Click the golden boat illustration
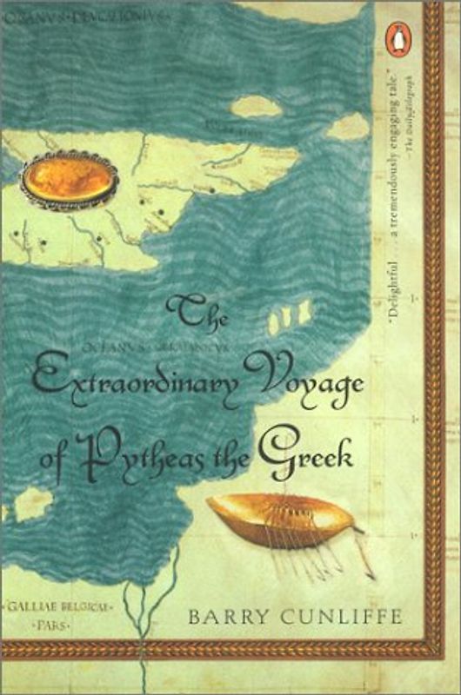point(281,519)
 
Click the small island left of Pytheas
point(31,503)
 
